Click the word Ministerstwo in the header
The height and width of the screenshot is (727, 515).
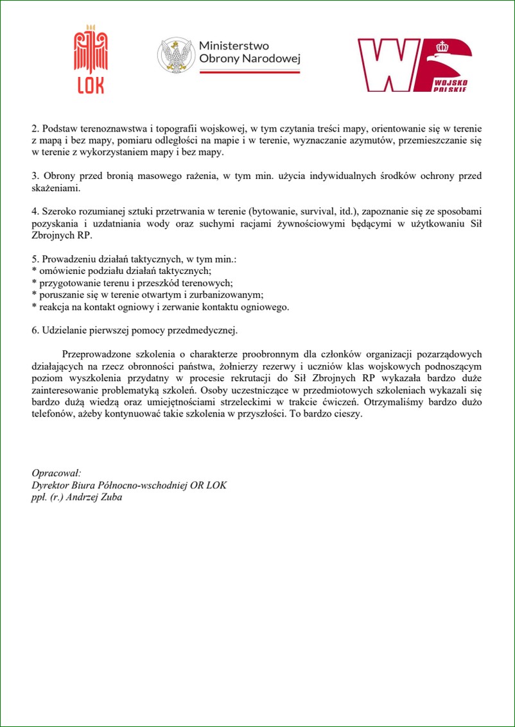234,46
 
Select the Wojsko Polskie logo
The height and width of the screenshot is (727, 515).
415,65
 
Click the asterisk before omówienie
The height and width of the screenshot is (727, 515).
34,271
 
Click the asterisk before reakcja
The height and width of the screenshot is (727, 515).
34,307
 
